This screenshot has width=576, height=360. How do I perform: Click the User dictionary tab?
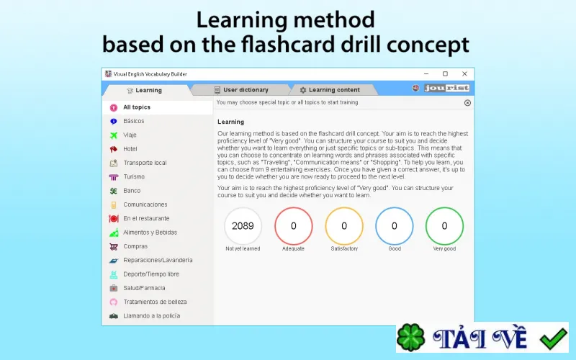click(241, 90)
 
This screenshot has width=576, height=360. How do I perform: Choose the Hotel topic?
click(130, 149)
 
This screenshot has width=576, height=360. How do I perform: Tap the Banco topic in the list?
click(132, 191)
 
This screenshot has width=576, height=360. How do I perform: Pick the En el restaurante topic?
click(146, 219)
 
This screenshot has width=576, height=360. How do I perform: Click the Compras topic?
click(135, 246)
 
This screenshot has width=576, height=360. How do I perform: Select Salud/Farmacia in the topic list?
click(144, 288)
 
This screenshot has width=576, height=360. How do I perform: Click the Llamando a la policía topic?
click(151, 316)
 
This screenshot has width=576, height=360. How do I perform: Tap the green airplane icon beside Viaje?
click(114, 135)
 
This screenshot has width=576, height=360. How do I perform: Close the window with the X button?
click(464, 74)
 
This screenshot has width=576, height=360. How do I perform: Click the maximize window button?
click(445, 74)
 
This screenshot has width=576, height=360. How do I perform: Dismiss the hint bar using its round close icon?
click(467, 103)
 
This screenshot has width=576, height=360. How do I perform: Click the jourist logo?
click(446, 88)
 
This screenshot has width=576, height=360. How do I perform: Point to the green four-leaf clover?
click(411, 338)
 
